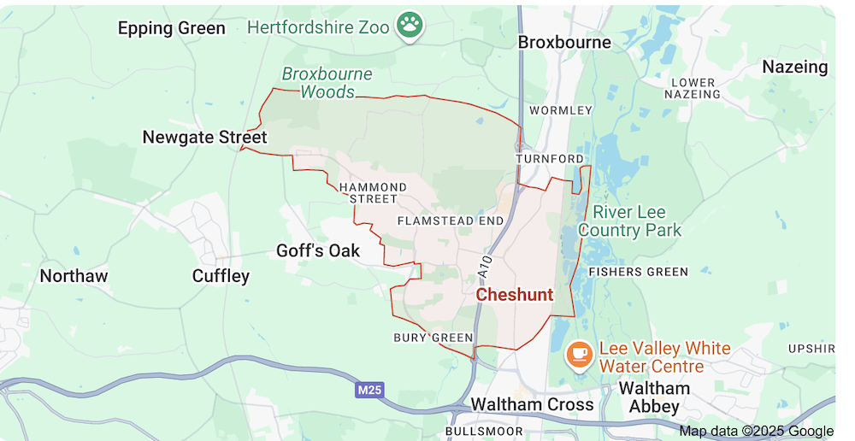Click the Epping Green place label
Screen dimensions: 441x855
click(x=171, y=28)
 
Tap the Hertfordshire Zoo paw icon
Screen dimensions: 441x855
click(x=410, y=26)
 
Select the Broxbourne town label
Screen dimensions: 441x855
click(x=564, y=42)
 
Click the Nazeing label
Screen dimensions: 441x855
click(x=795, y=67)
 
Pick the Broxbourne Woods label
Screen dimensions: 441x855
click(x=327, y=83)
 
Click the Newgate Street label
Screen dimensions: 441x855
click(x=204, y=137)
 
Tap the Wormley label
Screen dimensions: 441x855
click(x=560, y=110)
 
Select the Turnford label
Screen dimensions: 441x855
click(x=550, y=159)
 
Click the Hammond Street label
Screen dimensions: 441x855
click(x=373, y=193)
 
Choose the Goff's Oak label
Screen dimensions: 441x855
click(x=318, y=250)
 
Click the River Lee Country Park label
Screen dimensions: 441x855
click(x=630, y=220)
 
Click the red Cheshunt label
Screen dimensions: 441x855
click(x=514, y=295)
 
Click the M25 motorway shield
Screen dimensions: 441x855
click(x=369, y=390)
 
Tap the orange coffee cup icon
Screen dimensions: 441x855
click(x=580, y=353)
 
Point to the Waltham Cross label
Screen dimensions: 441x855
click(x=532, y=404)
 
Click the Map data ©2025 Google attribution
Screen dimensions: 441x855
click(x=756, y=431)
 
